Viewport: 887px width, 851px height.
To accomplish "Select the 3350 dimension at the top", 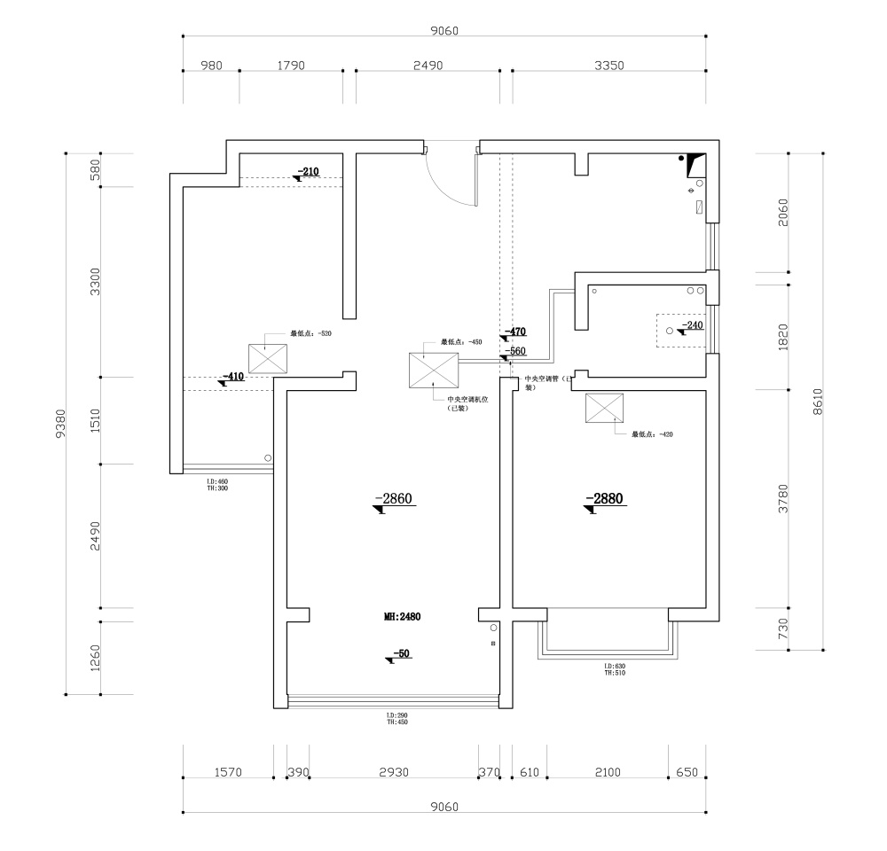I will (610, 66).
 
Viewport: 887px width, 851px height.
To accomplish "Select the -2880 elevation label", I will (606, 500).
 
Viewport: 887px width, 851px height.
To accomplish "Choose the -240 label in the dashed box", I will (691, 325).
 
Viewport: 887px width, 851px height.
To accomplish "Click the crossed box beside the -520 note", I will (269, 358).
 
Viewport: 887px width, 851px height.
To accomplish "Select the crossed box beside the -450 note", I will (434, 370).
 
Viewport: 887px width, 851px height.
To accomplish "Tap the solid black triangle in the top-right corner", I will (696, 162).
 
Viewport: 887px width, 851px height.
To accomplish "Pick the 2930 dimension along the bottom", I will (393, 772).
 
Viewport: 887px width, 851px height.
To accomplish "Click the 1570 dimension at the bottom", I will (228, 772).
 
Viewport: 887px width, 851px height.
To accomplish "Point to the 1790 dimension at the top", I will (291, 66).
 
